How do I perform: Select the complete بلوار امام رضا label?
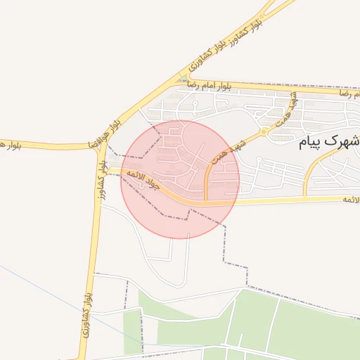point(210,85)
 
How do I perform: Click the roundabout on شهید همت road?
point(264,131)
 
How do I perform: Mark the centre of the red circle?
point(180,179)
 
